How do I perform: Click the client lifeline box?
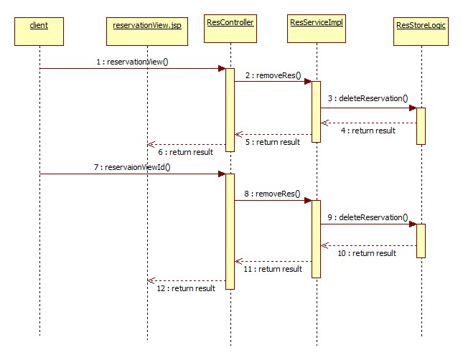[39, 27]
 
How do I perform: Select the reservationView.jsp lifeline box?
[146, 27]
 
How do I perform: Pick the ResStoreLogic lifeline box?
[420, 27]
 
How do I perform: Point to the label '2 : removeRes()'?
[273, 75]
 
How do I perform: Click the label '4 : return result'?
[368, 131]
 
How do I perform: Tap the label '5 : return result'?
[272, 142]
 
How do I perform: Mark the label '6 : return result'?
[185, 152]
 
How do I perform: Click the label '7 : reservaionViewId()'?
[136, 167]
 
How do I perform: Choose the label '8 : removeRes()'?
[273, 194]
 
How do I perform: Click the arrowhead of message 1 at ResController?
[223, 69]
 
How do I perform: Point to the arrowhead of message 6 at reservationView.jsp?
[150, 144]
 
